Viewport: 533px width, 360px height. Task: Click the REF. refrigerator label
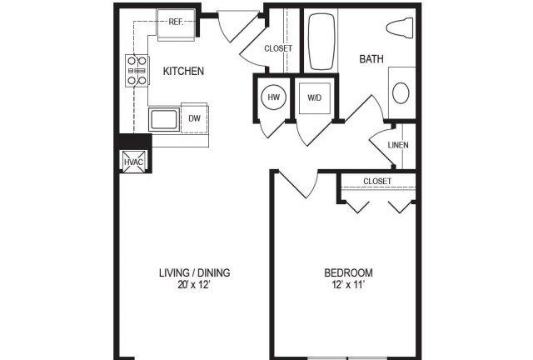tap(176, 22)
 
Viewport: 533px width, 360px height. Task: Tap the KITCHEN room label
tap(183, 72)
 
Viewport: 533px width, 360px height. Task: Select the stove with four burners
tap(136, 72)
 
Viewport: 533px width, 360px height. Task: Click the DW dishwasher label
tap(193, 119)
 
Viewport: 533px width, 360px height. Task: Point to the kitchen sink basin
tap(163, 119)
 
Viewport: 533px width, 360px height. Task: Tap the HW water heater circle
tap(273, 98)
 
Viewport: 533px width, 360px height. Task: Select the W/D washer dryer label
tap(315, 98)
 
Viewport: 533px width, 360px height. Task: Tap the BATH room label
tap(371, 59)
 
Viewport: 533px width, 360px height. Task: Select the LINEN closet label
tap(397, 145)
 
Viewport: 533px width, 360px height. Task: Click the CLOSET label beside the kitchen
tap(277, 48)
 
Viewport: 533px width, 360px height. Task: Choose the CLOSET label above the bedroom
tap(376, 181)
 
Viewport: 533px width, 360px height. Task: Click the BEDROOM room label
tap(348, 272)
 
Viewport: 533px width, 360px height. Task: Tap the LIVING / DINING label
tap(195, 272)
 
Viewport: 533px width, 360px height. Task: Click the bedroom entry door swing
tap(298, 185)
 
